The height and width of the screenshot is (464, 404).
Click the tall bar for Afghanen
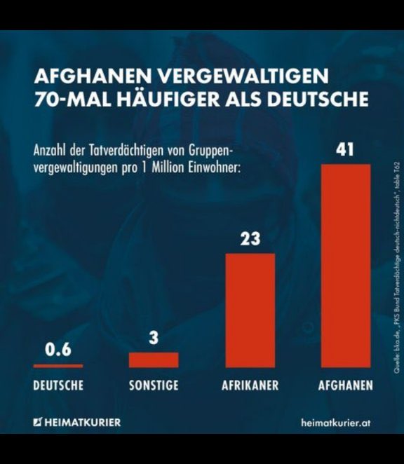345,266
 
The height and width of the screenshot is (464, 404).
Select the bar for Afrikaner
250,311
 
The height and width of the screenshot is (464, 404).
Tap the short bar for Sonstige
154,360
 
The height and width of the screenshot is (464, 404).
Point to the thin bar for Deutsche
58,366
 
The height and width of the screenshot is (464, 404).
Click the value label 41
344,150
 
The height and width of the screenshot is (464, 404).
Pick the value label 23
250,239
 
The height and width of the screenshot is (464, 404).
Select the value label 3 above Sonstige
154,338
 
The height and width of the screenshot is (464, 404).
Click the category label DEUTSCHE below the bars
58,385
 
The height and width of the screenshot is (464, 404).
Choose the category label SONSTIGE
154,385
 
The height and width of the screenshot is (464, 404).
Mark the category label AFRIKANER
250,385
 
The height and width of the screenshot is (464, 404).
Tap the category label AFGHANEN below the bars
345,385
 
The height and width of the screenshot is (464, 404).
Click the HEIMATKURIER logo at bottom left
77,422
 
